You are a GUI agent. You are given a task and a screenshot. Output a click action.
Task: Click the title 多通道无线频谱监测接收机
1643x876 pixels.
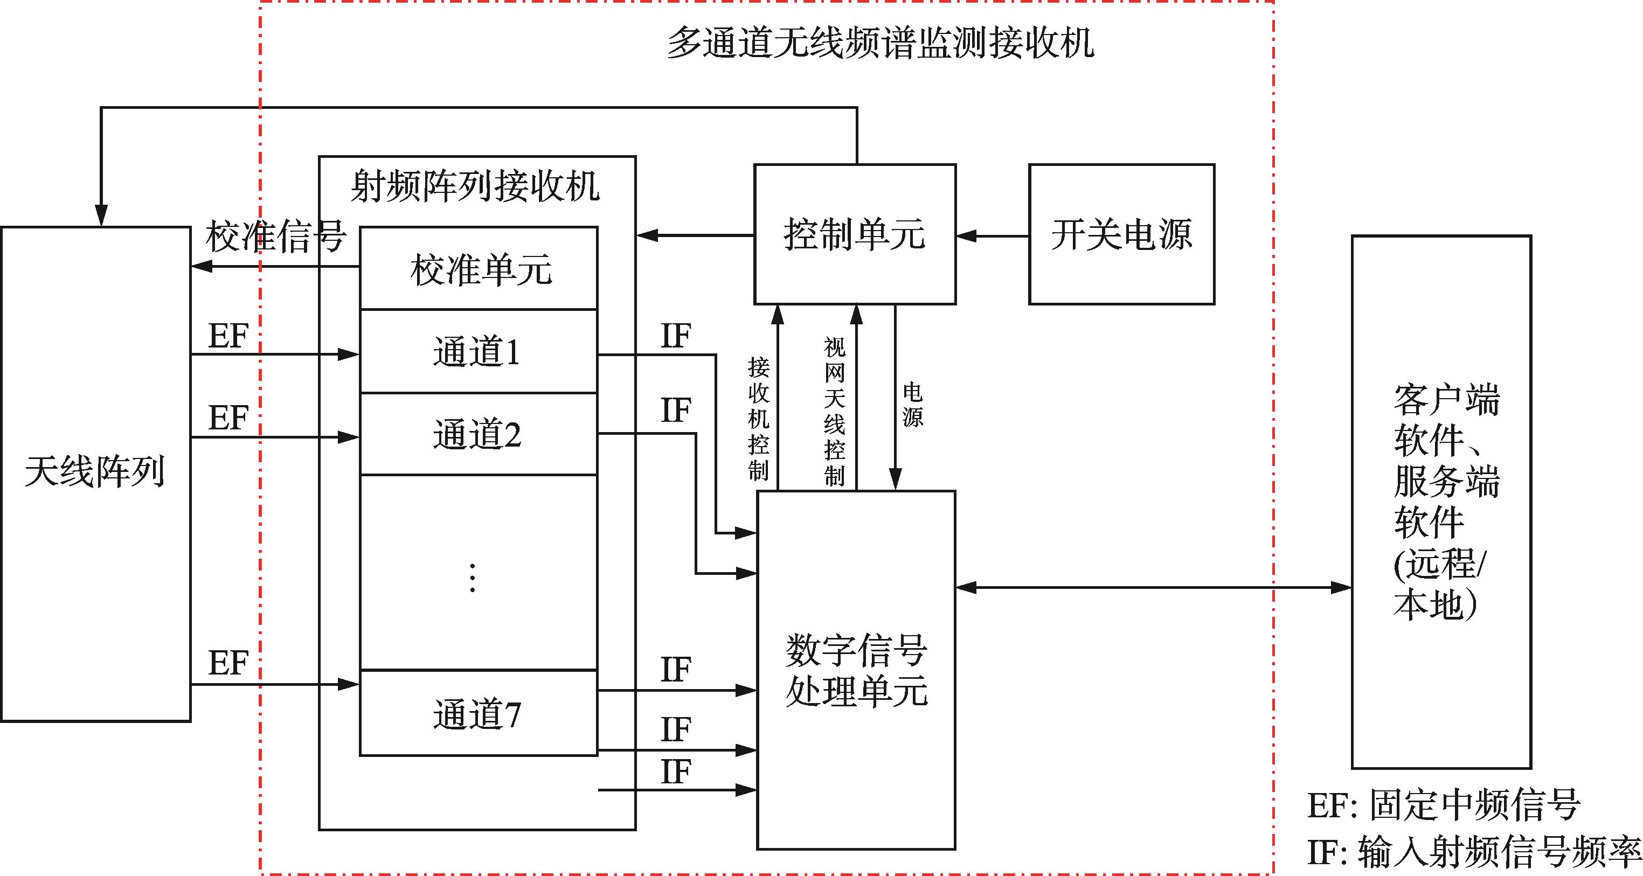(880, 43)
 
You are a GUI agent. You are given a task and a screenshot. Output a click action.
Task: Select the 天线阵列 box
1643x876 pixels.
(96, 473)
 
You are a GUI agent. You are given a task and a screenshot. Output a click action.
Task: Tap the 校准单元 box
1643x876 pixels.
(479, 268)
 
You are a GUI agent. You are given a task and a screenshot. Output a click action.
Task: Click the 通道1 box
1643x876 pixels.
(478, 351)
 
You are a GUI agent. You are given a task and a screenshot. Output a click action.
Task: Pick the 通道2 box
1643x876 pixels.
(478, 434)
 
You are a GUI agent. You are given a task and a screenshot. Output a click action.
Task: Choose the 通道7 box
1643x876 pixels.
(478, 713)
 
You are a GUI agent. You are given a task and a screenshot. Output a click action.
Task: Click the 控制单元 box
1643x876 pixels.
(855, 234)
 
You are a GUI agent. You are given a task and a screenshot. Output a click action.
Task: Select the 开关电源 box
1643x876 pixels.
(1121, 234)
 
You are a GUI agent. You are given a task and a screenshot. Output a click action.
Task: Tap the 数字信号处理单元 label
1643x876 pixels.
(856, 670)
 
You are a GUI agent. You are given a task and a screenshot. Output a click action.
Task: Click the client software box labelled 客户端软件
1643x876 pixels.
(1441, 502)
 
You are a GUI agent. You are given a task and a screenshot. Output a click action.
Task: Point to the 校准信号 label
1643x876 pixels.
(275, 237)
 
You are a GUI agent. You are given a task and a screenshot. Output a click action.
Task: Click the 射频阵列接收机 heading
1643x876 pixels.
(475, 186)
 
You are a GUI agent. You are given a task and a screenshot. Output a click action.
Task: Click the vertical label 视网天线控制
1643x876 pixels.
(834, 412)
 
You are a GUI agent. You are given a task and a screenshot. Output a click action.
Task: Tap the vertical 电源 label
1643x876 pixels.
(913, 404)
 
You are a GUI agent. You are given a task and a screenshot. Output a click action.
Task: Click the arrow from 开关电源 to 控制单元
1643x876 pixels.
(993, 236)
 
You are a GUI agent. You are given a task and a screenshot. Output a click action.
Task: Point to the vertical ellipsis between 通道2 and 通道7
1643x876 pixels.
(472, 578)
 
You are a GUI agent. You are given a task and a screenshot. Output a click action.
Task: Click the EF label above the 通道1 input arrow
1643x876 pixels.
(228, 336)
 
